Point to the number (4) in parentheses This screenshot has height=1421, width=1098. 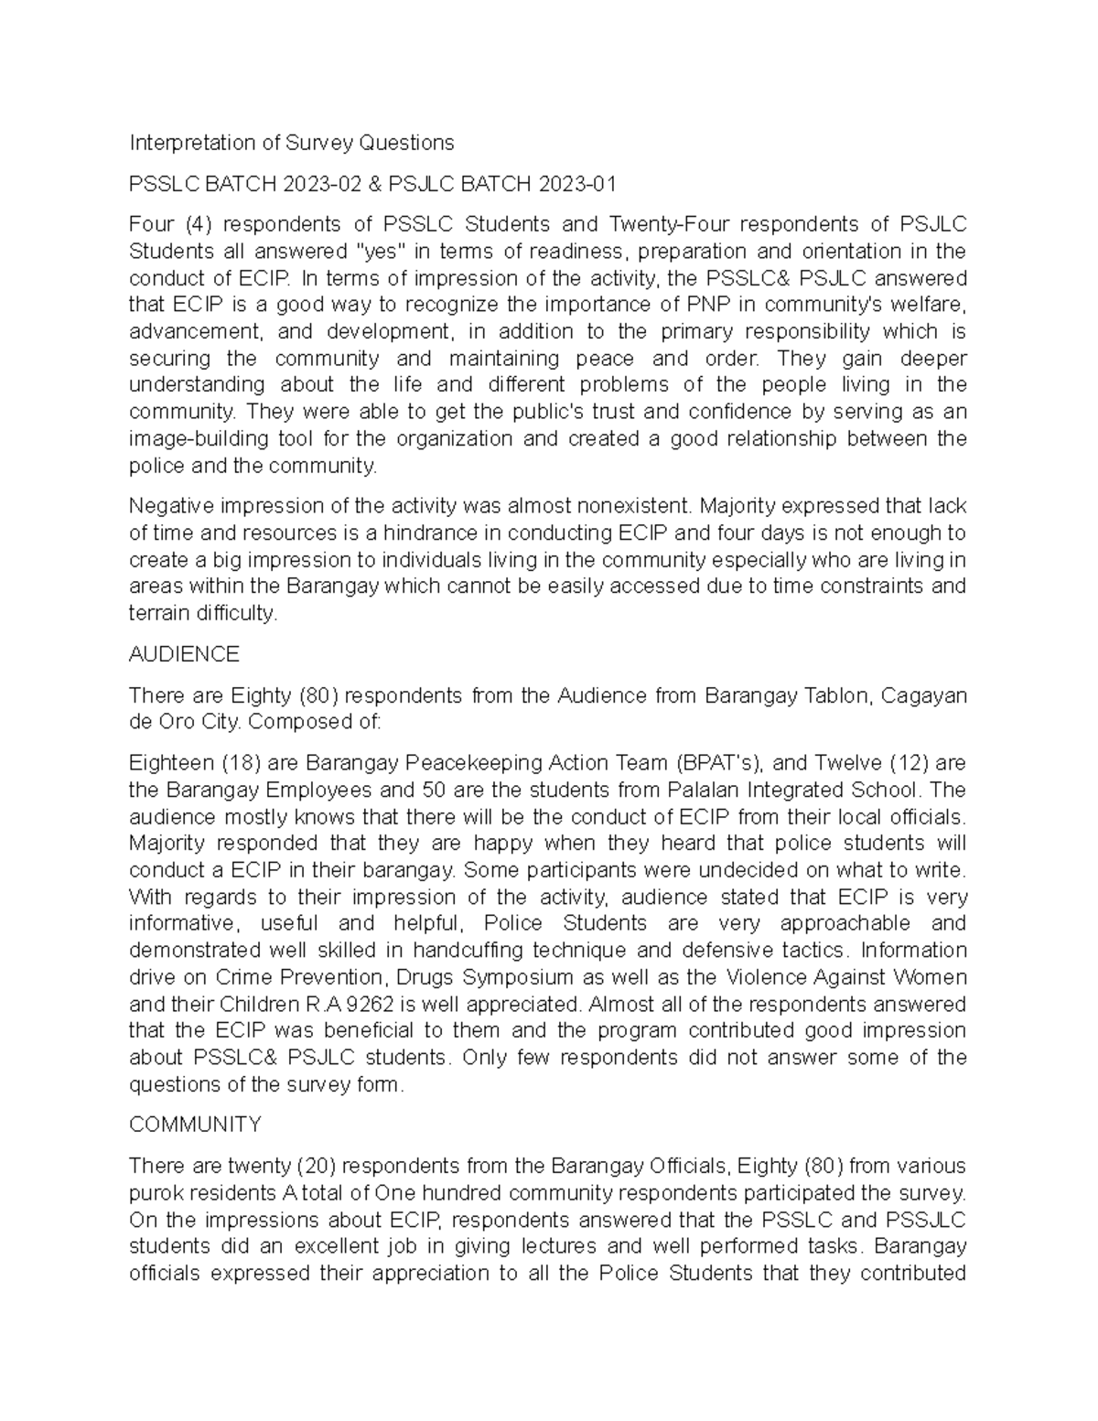199,224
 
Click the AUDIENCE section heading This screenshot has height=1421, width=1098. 184,654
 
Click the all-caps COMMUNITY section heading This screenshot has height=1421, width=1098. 195,1125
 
